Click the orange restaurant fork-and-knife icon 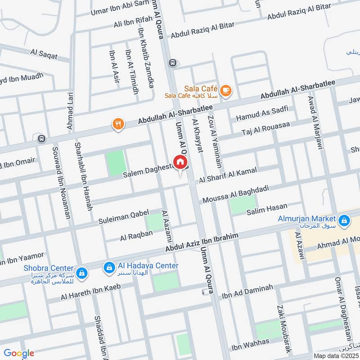[118, 124]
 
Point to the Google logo [19, 353]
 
